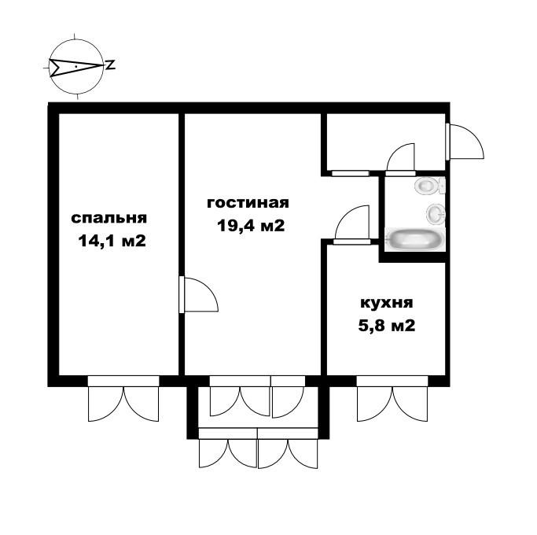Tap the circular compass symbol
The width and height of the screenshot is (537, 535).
(x=75, y=67)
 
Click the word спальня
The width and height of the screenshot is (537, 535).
(x=109, y=218)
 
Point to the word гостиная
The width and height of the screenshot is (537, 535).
(x=248, y=203)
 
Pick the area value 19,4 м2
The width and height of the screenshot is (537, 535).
(x=250, y=226)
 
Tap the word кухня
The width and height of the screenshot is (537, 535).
(x=386, y=303)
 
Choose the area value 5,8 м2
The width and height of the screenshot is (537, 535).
(x=386, y=325)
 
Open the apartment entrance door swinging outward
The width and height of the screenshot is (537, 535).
(x=464, y=142)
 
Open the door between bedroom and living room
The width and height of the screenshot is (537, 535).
(x=198, y=294)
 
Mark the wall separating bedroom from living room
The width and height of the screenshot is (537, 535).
(x=181, y=197)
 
